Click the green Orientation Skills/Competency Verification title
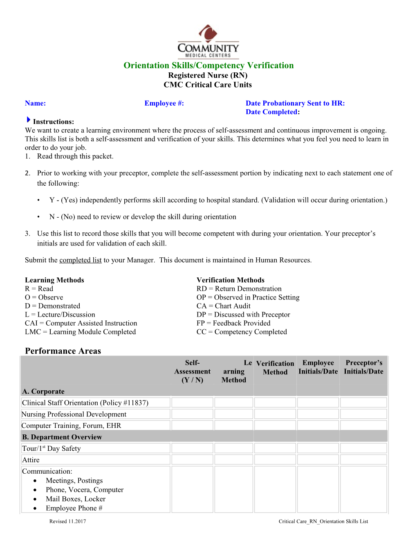tap(208, 65)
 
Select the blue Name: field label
tap(35, 103)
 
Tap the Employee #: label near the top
tap(164, 103)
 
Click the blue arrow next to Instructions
tap(28, 120)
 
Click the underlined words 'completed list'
tap(81, 260)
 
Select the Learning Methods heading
tap(54, 280)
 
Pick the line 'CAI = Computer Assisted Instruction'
tap(81, 323)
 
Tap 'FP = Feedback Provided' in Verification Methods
tap(233, 323)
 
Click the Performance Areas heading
tap(63, 351)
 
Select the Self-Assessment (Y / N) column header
tap(192, 371)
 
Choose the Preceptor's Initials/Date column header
tap(363, 367)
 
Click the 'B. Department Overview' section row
tap(62, 437)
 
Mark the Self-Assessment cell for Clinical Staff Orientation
tap(192, 403)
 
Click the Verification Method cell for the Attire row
tap(275, 460)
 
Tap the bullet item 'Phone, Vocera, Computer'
tap(85, 490)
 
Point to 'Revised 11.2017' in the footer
tap(67, 521)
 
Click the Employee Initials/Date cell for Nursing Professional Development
tap(318, 414)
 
